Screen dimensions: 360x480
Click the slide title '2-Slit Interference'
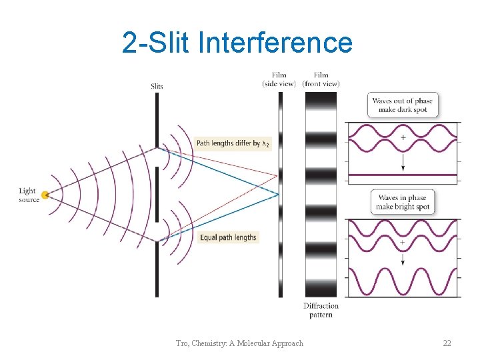(237, 43)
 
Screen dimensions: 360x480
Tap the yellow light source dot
(45, 195)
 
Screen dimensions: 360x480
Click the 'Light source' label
(29, 195)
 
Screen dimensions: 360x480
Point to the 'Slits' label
(157, 86)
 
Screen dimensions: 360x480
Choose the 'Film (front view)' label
(321, 79)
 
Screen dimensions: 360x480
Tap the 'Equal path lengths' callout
(228, 237)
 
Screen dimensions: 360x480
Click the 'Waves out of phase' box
(402, 105)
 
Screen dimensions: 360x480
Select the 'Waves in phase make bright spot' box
(402, 202)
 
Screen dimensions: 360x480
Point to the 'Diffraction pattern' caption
(321, 310)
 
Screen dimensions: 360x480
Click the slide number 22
(447, 343)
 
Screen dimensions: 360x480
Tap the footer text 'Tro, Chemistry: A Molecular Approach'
(239, 343)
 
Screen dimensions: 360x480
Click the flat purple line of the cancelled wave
(402, 175)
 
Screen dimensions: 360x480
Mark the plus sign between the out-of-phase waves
(403, 137)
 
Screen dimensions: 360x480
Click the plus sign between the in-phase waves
(403, 243)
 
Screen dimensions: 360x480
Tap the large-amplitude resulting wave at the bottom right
(402, 281)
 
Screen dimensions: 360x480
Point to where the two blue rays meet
(278, 195)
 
